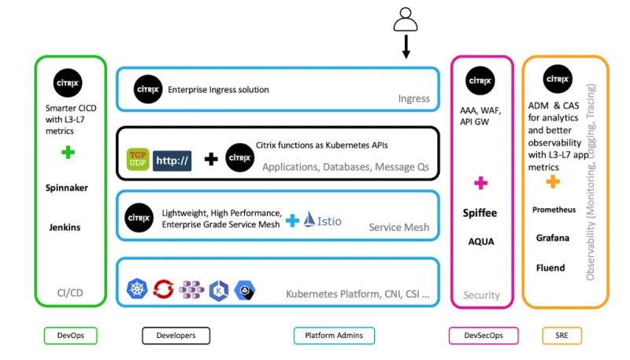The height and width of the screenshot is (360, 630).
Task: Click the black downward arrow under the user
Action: [x=406, y=49]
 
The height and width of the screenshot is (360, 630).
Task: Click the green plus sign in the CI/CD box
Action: [x=69, y=152]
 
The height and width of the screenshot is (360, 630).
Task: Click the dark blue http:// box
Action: [x=172, y=160]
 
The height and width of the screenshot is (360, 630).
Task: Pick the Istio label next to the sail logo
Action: [x=329, y=221]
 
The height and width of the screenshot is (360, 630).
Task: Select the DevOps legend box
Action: [x=69, y=336]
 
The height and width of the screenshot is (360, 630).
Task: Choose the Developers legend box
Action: [x=175, y=336]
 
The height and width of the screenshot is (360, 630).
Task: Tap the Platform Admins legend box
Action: [x=333, y=336]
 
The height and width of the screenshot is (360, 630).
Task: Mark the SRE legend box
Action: [x=561, y=336]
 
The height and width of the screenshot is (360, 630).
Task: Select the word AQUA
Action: [x=481, y=242]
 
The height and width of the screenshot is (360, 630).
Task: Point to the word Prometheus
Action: [x=554, y=210]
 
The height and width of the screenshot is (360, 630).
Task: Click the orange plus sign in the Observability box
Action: [x=553, y=181]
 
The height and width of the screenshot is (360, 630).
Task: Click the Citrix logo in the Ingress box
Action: [x=148, y=89]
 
